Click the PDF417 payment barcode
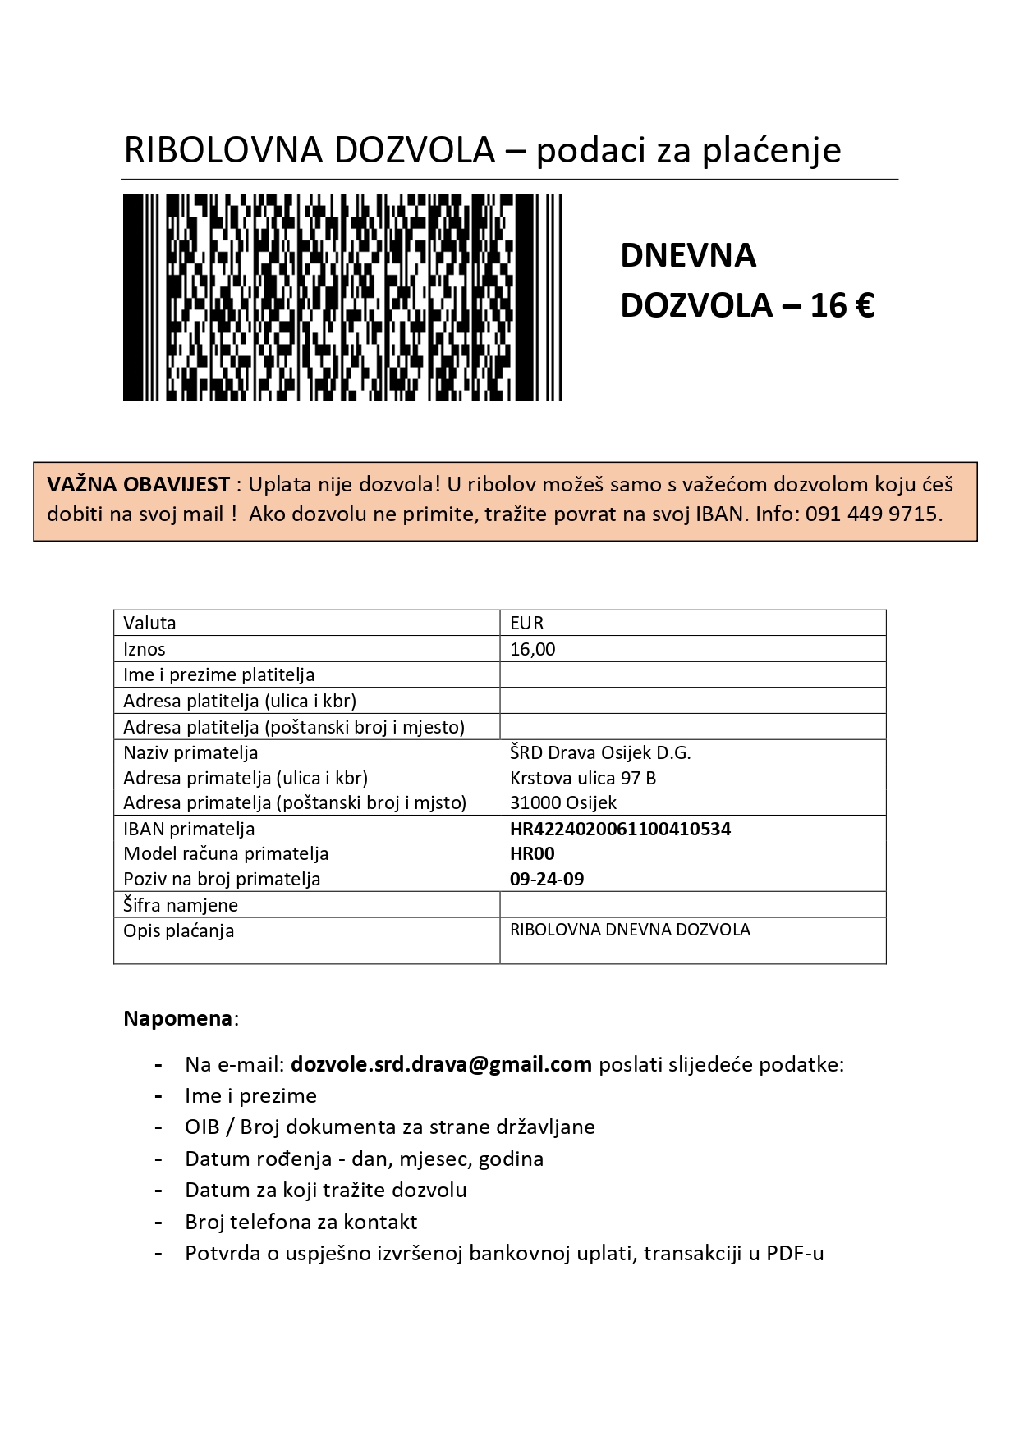point(342,297)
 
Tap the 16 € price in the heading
point(842,305)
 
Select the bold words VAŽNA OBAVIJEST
point(138,484)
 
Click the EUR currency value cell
point(527,623)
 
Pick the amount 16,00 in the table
point(533,649)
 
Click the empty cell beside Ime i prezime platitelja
point(692,674)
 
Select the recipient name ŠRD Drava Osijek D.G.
point(600,752)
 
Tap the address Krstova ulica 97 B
point(583,778)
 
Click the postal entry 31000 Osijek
point(563,802)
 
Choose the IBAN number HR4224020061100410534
point(620,829)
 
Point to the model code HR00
point(532,853)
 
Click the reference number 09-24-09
point(547,879)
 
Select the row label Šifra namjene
point(181,905)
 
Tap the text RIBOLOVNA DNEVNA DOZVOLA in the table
point(630,930)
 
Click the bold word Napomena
point(178,1018)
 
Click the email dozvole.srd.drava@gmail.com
point(441,1064)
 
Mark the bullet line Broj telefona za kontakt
point(301,1222)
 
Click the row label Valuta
point(149,623)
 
